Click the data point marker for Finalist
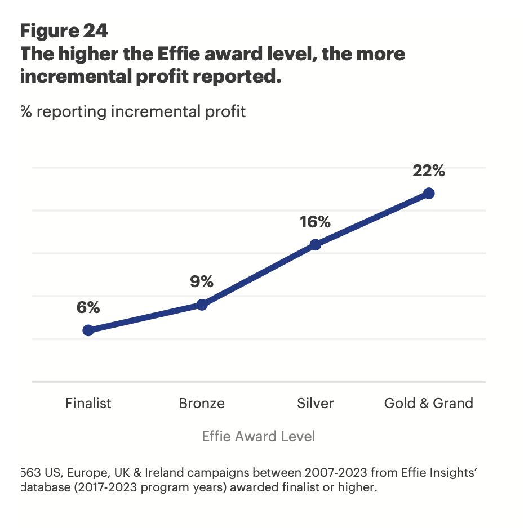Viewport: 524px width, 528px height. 88,330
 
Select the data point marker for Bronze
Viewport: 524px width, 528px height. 202,305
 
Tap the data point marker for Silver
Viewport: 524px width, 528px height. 316,245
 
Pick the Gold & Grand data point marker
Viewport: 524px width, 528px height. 429,194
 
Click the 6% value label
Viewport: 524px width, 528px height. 88,307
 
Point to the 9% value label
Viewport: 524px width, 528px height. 202,281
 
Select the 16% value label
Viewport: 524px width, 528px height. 315,222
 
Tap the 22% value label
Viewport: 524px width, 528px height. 429,171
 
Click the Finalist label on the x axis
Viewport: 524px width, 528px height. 88,403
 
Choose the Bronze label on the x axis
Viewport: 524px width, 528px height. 202,403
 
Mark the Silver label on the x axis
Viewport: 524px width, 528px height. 315,403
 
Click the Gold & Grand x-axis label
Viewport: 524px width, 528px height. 429,403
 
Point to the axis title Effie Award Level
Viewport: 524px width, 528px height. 259,436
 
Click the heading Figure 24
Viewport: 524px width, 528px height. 64,31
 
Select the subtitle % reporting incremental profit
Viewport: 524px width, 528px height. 133,111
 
